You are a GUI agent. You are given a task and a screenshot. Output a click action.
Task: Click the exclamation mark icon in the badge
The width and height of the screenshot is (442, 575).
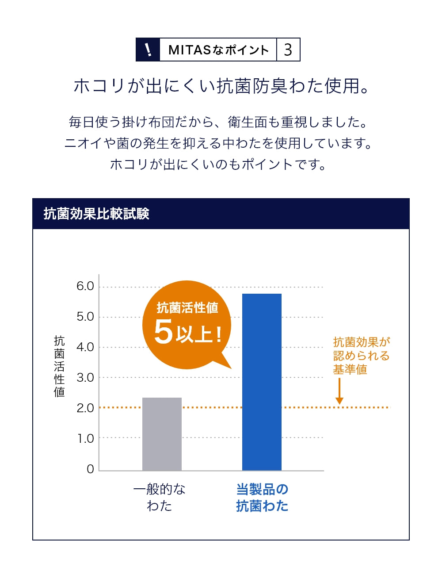[148, 50]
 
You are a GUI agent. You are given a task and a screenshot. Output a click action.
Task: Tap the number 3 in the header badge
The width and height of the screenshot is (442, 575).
[288, 50]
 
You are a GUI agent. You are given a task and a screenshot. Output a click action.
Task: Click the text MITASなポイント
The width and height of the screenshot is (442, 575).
[218, 50]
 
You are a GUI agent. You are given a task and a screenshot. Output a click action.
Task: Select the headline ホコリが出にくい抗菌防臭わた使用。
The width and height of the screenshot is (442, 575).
[221, 86]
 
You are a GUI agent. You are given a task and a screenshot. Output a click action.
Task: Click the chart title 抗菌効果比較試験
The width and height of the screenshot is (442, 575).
[96, 214]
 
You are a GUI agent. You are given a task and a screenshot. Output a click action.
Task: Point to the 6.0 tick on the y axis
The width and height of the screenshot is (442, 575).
[85, 286]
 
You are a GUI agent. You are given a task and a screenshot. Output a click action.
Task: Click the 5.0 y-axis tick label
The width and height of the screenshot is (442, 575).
[85, 317]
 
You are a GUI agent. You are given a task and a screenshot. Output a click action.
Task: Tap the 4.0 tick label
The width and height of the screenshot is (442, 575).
[85, 347]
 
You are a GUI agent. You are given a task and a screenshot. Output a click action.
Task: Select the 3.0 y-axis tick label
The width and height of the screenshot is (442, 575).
[85, 378]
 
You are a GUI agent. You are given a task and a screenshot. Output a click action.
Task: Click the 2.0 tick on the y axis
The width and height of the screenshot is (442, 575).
[85, 408]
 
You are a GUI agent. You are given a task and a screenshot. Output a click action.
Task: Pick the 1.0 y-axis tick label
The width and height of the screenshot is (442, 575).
[86, 438]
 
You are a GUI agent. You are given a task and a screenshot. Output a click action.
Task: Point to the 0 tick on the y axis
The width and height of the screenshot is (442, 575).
[90, 469]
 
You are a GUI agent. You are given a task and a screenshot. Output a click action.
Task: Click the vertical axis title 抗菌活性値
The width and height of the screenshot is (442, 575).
[59, 366]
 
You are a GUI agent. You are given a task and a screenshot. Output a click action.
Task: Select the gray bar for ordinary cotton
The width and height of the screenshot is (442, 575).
[162, 434]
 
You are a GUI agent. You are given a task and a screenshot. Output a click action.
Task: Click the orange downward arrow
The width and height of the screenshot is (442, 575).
[339, 391]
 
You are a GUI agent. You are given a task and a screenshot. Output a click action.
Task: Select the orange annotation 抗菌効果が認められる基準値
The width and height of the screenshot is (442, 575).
[361, 356]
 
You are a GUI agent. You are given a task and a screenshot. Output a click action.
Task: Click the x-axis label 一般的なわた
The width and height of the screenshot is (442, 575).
[160, 497]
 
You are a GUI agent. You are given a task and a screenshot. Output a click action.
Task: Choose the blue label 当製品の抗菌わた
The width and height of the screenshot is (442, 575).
[262, 497]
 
